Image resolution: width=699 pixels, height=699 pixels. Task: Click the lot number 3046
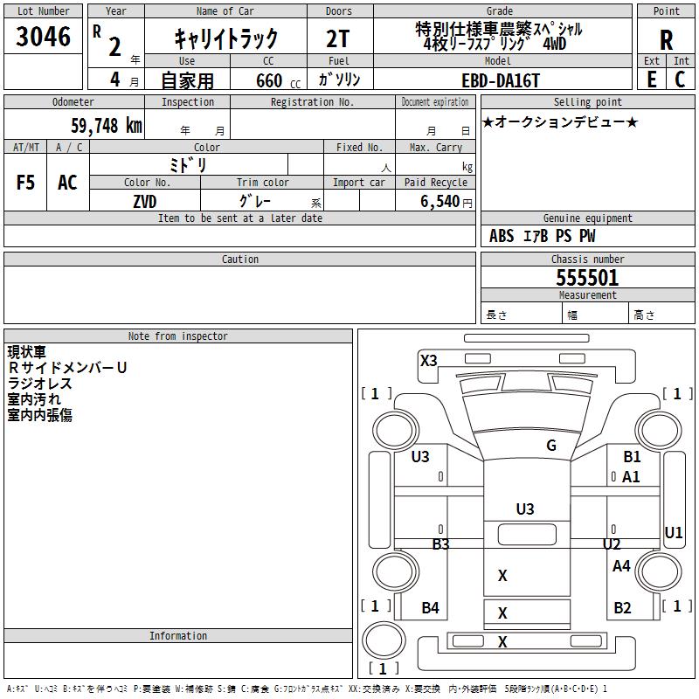point(43,36)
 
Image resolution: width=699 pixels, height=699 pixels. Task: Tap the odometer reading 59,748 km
point(107,125)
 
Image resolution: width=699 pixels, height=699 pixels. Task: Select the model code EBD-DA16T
point(500,80)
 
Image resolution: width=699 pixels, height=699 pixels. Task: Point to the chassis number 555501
point(587,278)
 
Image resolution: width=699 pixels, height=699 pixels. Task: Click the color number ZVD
point(145,202)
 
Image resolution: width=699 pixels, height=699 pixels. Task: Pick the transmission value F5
point(25,183)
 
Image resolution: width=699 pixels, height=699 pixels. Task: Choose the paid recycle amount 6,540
point(439,201)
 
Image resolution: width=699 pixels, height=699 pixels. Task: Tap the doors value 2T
point(338,38)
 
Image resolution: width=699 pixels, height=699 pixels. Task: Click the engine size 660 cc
point(278,81)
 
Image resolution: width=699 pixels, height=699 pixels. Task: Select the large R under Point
point(666,40)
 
